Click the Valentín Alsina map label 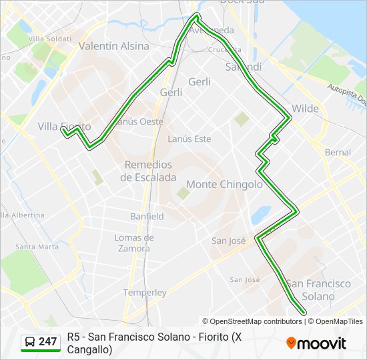114,46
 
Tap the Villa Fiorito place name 64,126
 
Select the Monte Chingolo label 224,184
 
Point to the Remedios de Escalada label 148,171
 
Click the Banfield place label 147,217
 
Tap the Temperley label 145,292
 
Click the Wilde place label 305,108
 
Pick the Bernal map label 338,153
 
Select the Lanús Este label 189,139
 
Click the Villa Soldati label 49,39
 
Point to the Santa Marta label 37,247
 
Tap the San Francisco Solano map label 318,289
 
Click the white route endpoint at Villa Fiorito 65,131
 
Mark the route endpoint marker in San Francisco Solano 304,312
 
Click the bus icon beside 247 30,342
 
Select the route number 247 48,342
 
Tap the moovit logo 316,343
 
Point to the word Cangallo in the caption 89,348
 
